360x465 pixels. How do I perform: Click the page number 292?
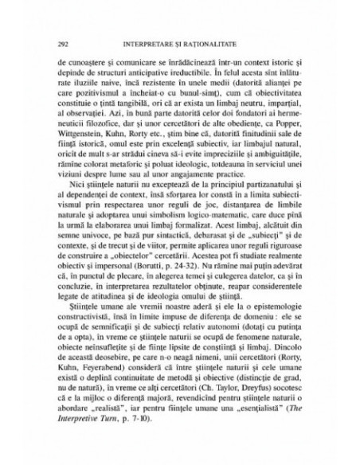pos(53,40)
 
